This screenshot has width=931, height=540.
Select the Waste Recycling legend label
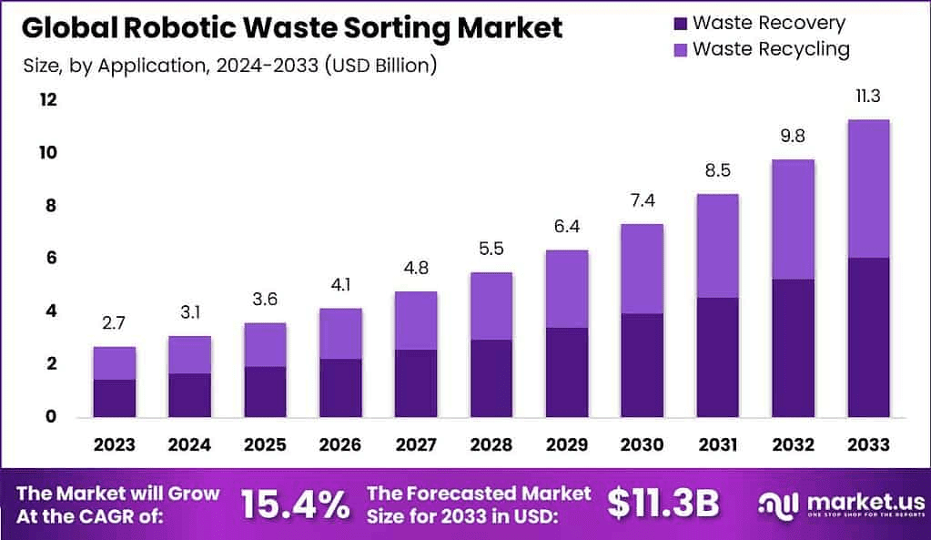point(771,48)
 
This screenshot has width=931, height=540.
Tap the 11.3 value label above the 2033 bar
point(867,96)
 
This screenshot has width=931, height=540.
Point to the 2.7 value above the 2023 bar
point(115,322)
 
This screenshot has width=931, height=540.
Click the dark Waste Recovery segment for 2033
point(867,337)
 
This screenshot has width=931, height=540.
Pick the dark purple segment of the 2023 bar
point(115,398)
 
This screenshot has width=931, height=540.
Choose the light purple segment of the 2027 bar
point(415,321)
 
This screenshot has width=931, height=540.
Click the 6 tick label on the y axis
point(50,259)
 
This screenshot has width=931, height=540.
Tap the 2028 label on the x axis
point(491,445)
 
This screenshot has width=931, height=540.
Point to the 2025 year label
point(265,445)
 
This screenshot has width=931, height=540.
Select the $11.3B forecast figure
point(663,503)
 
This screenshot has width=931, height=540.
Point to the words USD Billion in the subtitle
point(379,66)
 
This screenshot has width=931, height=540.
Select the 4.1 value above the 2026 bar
point(340,284)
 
